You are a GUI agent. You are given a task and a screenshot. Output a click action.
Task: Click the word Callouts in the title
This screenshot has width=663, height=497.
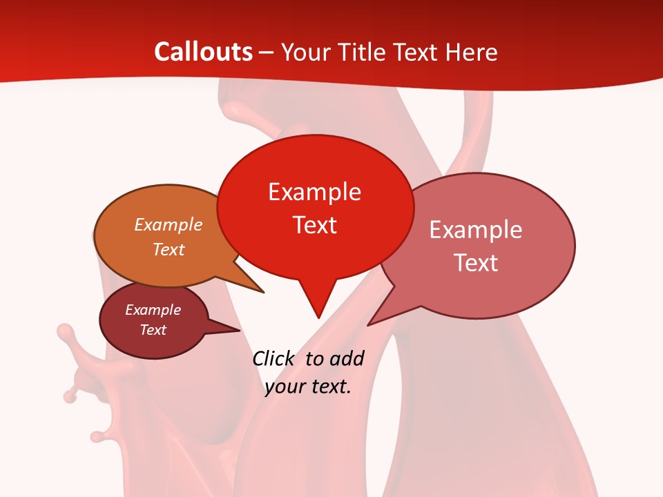[203, 52]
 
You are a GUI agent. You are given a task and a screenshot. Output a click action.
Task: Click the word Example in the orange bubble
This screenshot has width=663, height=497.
[169, 224]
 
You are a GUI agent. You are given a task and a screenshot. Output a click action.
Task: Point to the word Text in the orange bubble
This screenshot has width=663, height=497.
[169, 249]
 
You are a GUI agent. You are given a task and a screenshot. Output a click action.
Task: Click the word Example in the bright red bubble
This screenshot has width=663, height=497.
[314, 192]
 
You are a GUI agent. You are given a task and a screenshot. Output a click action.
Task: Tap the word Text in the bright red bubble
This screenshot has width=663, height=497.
[315, 225]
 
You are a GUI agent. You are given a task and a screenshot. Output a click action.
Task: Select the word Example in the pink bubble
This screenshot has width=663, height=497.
[476, 230]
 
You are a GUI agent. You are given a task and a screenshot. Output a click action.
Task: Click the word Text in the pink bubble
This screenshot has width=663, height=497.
[477, 263]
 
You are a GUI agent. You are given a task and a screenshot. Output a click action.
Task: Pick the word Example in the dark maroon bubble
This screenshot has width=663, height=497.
[153, 310]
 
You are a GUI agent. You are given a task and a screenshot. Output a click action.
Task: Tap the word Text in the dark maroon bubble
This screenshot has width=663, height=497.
[153, 330]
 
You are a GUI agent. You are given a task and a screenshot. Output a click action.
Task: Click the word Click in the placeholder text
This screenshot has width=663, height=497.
[273, 358]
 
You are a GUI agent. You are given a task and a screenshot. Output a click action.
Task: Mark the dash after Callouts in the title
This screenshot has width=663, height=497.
[266, 52]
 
